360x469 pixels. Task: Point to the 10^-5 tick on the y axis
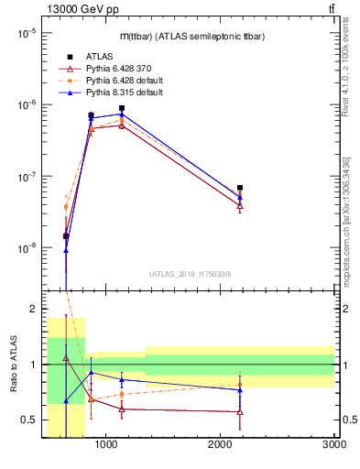25,33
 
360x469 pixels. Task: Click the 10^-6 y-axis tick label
25,104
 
